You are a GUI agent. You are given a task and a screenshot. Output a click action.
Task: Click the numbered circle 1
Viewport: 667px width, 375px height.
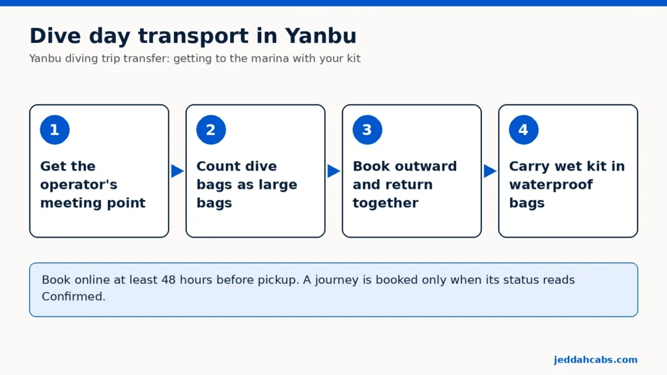(x=55, y=130)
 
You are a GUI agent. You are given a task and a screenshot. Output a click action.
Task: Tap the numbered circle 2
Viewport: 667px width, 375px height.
(x=211, y=130)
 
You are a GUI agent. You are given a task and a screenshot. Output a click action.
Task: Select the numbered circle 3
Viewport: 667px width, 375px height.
(x=367, y=130)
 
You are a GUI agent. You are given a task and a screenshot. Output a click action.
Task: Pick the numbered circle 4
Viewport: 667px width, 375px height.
(x=524, y=130)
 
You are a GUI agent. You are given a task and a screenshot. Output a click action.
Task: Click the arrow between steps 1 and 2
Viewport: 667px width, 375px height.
(x=177, y=171)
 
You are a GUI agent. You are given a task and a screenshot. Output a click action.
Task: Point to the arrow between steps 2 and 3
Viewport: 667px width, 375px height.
(x=334, y=171)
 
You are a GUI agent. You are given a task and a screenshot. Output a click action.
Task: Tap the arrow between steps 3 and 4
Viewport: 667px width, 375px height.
(x=490, y=171)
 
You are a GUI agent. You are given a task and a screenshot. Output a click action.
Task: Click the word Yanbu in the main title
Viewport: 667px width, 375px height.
(x=320, y=36)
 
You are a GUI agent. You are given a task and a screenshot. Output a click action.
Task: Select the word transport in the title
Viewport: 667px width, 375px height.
(x=193, y=36)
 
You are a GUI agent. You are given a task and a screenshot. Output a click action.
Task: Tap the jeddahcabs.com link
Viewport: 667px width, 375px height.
(x=595, y=359)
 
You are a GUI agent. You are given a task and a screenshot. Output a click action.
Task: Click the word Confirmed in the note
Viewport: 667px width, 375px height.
(x=74, y=296)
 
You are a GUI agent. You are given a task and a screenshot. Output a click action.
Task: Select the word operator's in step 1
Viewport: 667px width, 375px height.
(x=79, y=185)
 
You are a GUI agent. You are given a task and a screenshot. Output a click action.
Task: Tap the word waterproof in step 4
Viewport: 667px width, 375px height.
(x=551, y=185)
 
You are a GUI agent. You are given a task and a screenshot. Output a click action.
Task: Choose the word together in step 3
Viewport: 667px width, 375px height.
(x=386, y=203)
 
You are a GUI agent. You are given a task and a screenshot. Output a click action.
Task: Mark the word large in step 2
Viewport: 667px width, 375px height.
(x=279, y=185)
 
